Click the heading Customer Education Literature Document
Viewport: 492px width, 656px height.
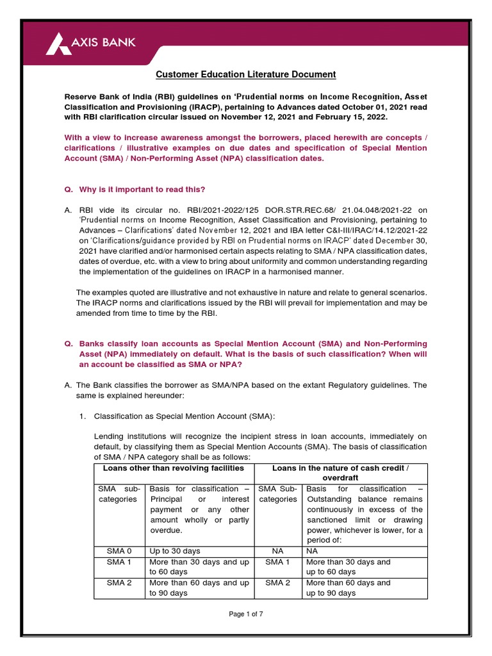[x=246, y=74]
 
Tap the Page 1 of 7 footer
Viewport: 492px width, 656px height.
[x=246, y=614]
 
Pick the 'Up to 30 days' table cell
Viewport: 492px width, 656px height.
[x=174, y=550]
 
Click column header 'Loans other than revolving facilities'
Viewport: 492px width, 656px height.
[x=174, y=468]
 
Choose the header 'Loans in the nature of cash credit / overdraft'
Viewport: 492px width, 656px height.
[x=341, y=473]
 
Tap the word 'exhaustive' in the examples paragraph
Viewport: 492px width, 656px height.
[x=246, y=292]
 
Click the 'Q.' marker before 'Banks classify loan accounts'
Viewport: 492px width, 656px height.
[x=69, y=344]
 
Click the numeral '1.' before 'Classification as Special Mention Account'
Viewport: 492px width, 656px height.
[x=82, y=416]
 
